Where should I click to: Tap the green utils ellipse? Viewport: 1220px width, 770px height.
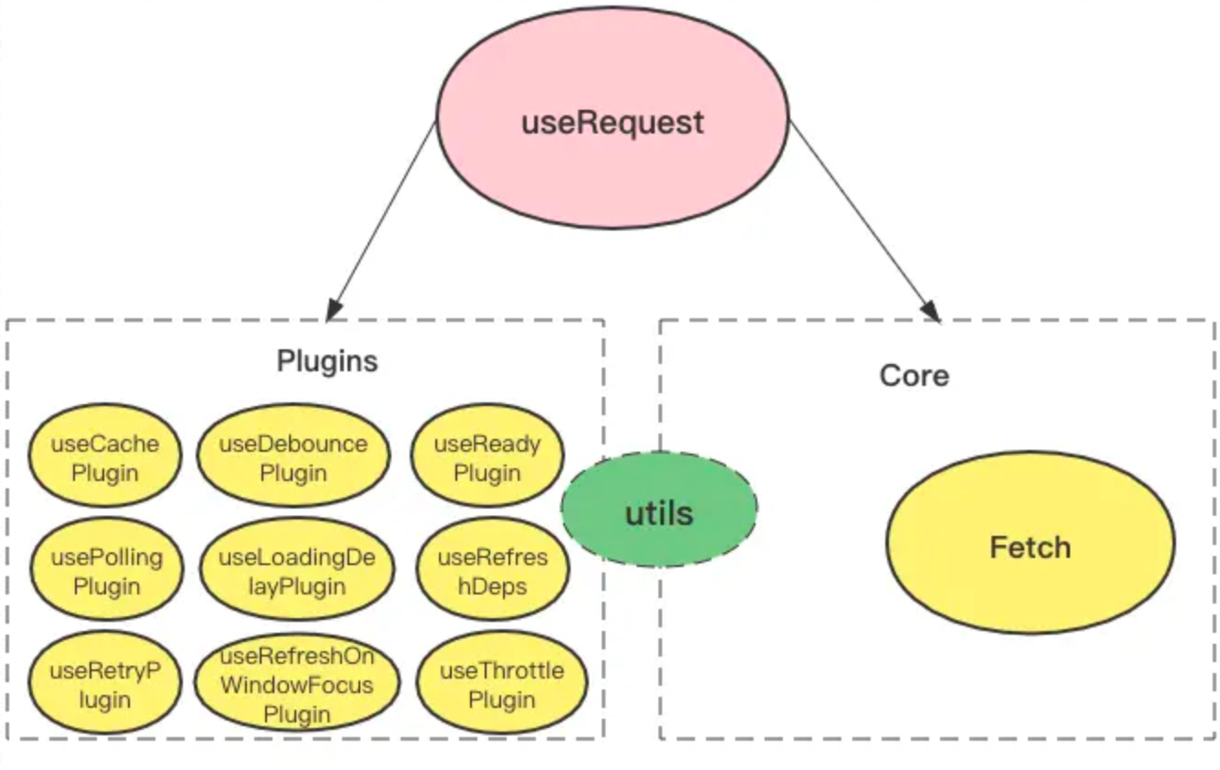[658, 509]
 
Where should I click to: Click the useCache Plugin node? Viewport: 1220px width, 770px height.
[104, 458]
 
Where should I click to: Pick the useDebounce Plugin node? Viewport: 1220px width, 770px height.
[293, 458]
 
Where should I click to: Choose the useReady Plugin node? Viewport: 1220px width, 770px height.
[487, 458]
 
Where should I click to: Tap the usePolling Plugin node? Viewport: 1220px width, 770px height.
[106, 572]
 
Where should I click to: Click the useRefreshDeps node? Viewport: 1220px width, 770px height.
[492, 572]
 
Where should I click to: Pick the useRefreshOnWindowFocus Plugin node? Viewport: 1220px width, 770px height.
[296, 685]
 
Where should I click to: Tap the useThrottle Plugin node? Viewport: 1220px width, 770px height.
[501, 685]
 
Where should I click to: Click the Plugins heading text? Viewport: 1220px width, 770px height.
[326, 361]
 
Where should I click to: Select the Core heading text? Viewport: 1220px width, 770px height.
[914, 376]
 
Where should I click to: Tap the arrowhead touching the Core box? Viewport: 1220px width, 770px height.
[931, 311]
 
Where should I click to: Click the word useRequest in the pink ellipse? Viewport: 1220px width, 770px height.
[612, 123]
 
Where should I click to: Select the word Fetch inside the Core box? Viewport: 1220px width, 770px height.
[1030, 548]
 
